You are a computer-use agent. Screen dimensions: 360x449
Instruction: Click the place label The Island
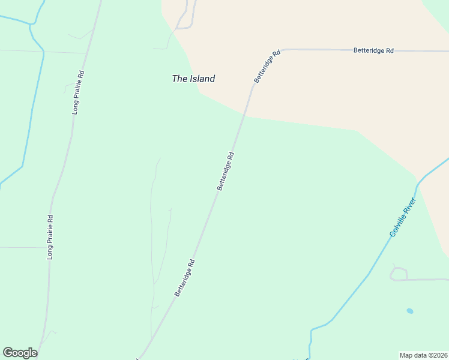tap(193, 79)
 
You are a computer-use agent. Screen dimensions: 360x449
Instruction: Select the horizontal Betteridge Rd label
tap(373, 51)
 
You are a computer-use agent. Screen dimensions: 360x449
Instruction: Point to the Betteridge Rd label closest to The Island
tap(267, 67)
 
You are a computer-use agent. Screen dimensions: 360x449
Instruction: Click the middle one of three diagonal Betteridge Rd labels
tap(225, 172)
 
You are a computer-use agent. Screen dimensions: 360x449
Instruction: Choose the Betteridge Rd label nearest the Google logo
tap(185, 277)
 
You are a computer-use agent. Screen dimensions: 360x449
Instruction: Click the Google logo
tap(20, 353)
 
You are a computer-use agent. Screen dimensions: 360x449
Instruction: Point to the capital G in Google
tap(8, 353)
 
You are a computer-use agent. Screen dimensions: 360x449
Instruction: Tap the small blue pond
tap(409, 311)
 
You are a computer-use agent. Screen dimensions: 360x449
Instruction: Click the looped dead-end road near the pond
tap(398, 274)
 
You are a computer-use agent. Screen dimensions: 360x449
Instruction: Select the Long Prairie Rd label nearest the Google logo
tap(50, 237)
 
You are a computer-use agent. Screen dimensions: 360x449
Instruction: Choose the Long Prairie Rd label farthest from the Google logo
tap(76, 92)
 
